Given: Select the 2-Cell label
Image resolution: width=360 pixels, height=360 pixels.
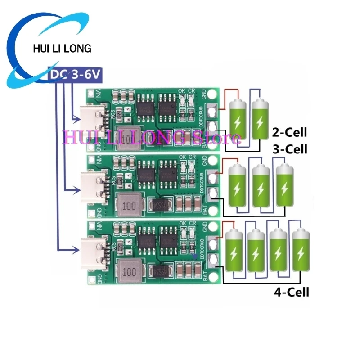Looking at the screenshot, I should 289,132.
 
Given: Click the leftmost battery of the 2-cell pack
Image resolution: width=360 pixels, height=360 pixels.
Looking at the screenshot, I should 238,119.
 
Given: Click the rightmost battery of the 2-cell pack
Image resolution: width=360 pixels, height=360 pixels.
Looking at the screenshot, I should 260,119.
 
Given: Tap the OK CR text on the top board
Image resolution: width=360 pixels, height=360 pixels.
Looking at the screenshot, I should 186,90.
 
